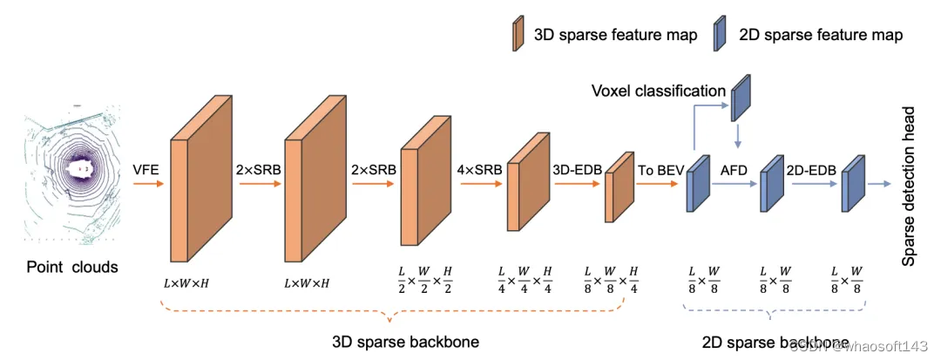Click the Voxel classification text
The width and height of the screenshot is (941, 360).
659,92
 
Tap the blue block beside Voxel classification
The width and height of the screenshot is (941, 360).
740,95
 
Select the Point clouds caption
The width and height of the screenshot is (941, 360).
71,267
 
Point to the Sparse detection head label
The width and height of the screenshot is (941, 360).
909,187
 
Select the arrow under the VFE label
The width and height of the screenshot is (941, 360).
146,185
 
